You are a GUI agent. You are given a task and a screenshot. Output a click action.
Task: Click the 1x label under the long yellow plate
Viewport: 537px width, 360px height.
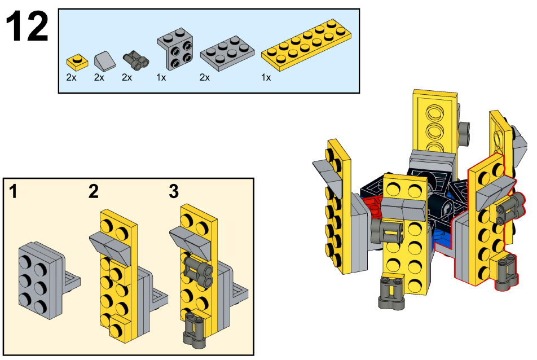coord(266,77)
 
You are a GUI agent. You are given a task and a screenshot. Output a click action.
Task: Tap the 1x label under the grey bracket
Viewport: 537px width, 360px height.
coord(161,77)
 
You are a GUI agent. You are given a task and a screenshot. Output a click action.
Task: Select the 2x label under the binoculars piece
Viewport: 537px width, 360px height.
coord(127,77)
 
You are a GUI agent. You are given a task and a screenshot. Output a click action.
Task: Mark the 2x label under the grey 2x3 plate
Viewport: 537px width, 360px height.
coord(204,77)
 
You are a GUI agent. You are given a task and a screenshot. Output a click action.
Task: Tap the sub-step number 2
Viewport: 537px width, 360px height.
coord(93,192)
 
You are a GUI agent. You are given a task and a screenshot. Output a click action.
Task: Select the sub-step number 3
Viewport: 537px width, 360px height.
coord(174,192)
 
